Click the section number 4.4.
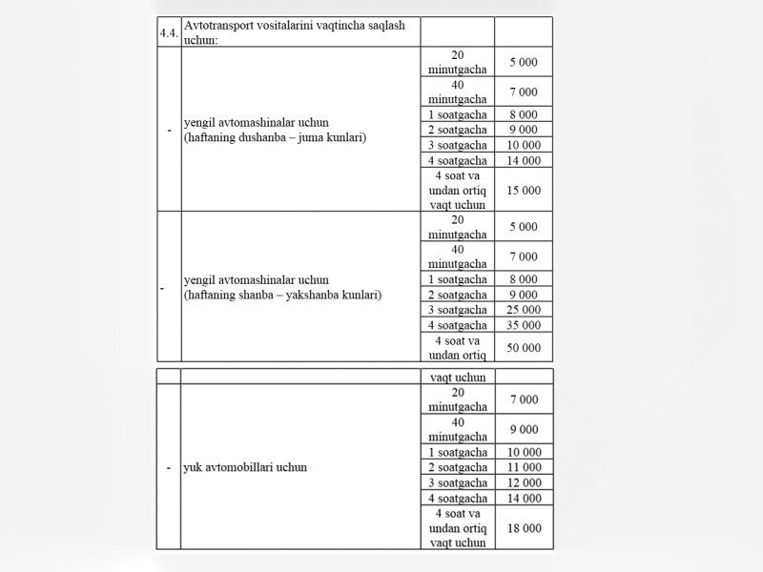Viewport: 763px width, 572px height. pyautogui.click(x=168, y=32)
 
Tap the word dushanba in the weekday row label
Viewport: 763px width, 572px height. pyautogui.click(x=272, y=138)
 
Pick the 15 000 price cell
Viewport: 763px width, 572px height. pyautogui.click(x=524, y=191)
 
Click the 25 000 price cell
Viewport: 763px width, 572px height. pyautogui.click(x=524, y=310)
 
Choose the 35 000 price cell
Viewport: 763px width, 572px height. pyautogui.click(x=524, y=325)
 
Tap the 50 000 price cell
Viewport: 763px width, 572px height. pyautogui.click(x=524, y=348)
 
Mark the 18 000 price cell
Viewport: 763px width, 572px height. pyautogui.click(x=524, y=527)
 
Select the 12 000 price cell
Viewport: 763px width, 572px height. pyautogui.click(x=524, y=483)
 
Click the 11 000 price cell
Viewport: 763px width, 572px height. pyautogui.click(x=524, y=468)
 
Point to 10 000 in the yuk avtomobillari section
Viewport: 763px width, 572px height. pyautogui.click(x=524, y=453)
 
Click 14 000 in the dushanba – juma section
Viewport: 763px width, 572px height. pyautogui.click(x=524, y=160)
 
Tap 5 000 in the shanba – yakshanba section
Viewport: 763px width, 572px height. pyautogui.click(x=524, y=227)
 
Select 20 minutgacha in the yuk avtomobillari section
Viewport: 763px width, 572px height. pyautogui.click(x=458, y=399)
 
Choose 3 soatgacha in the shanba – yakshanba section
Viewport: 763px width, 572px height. pyautogui.click(x=458, y=310)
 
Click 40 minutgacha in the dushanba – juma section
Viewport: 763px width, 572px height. pyautogui.click(x=458, y=92)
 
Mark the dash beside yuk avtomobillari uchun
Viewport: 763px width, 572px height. pyautogui.click(x=168, y=468)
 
